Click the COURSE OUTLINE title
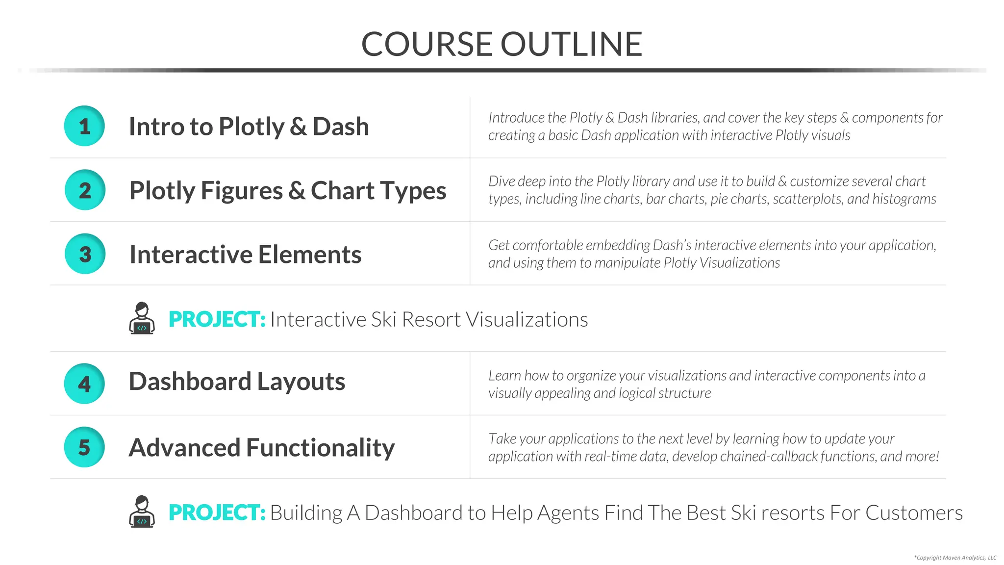(x=502, y=44)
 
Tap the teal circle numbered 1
(x=84, y=126)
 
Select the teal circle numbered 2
(x=85, y=190)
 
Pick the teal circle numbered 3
(x=85, y=254)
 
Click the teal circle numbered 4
(x=84, y=384)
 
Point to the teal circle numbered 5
(x=84, y=447)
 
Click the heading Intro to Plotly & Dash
(x=249, y=127)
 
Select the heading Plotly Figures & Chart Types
(x=288, y=190)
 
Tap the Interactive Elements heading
(x=245, y=254)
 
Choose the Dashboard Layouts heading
(x=237, y=382)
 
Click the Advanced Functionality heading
(x=261, y=447)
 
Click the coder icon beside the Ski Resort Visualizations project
(x=142, y=318)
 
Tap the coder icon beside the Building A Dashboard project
(x=142, y=512)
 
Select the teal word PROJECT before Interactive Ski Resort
(x=217, y=319)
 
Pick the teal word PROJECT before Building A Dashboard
(x=217, y=513)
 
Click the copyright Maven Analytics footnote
(x=955, y=558)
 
